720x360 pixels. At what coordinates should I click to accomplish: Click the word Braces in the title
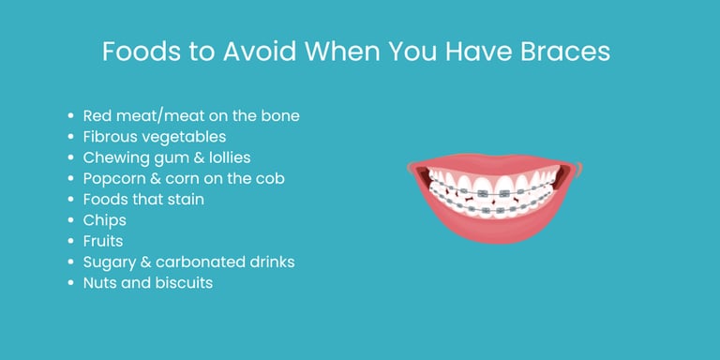[x=562, y=52]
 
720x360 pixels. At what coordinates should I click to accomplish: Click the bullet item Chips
[x=104, y=219]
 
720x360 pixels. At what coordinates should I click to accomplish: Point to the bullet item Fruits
[x=104, y=240]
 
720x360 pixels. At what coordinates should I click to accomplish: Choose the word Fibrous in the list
[x=111, y=137]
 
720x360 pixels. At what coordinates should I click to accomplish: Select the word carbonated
[x=193, y=262]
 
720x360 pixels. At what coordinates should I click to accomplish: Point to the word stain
[x=184, y=199]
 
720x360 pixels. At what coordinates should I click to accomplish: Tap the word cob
[x=270, y=178]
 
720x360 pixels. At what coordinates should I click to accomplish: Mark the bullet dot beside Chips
[x=71, y=220]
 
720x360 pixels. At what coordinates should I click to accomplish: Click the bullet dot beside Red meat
[x=71, y=116]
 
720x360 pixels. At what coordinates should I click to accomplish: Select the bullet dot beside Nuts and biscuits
[x=71, y=282]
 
